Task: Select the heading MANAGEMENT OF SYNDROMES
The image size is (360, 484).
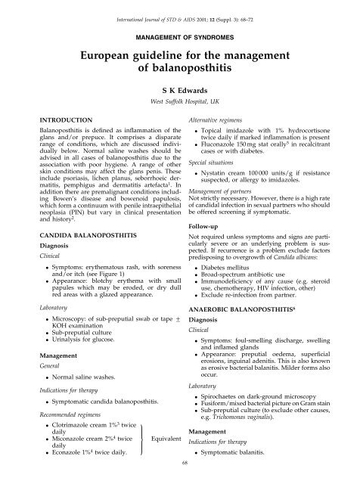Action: coord(179,36)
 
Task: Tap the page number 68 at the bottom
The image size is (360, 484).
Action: coord(179,476)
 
